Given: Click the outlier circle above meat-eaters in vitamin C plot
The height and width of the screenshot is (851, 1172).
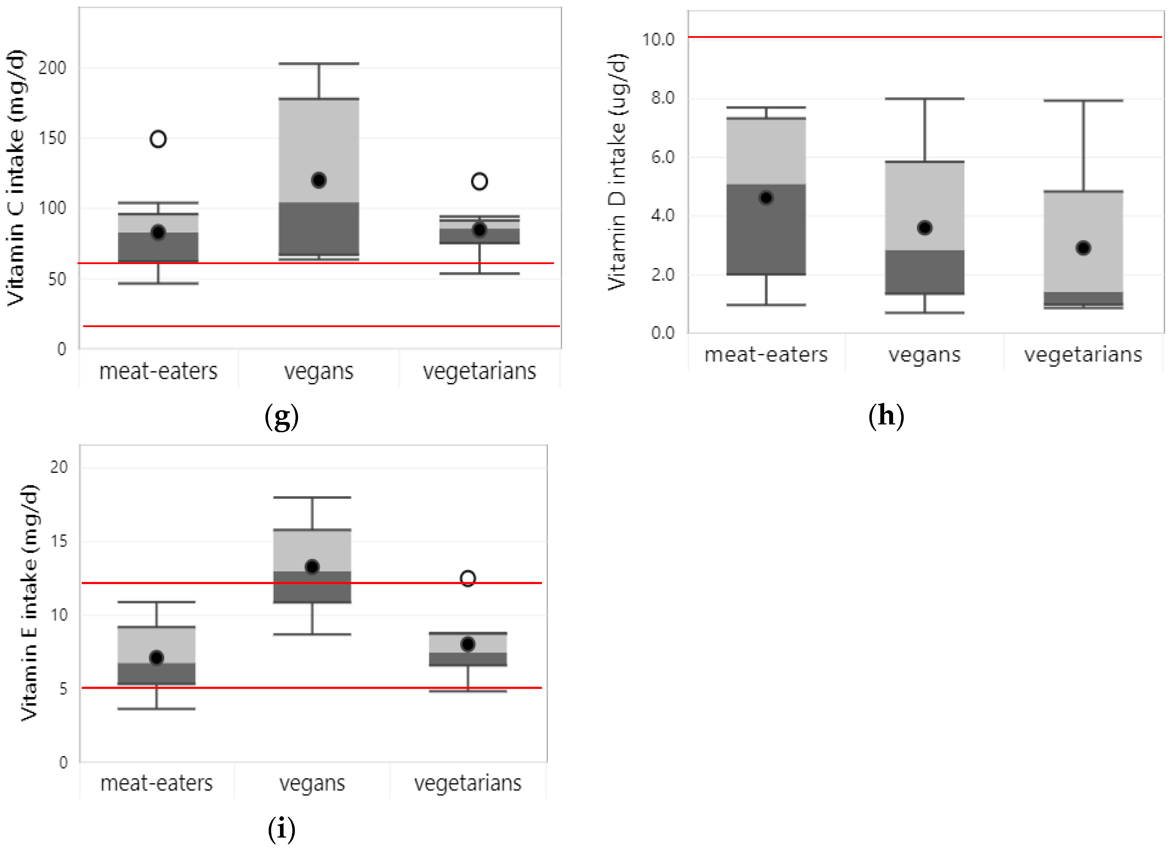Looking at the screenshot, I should tap(158, 139).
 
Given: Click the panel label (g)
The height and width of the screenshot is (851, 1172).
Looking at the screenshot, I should tap(282, 416).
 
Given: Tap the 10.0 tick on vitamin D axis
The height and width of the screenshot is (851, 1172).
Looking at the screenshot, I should tap(658, 39).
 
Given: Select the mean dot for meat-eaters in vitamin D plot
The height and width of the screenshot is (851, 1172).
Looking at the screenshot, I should tap(766, 198).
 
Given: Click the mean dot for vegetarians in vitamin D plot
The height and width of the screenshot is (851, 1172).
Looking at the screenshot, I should tap(1083, 248).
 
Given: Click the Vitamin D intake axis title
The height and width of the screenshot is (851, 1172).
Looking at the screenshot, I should tap(617, 172).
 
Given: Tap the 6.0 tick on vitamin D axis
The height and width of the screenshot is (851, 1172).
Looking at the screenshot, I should tap(663, 157).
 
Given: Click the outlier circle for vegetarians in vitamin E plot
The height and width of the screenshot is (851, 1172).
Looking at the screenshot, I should tap(468, 578).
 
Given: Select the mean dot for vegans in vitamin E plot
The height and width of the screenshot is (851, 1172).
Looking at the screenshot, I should tap(312, 567).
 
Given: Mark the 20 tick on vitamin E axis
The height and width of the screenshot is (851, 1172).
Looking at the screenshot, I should tap(59, 467).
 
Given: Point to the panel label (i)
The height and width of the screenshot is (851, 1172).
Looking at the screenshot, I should tap(282, 830).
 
